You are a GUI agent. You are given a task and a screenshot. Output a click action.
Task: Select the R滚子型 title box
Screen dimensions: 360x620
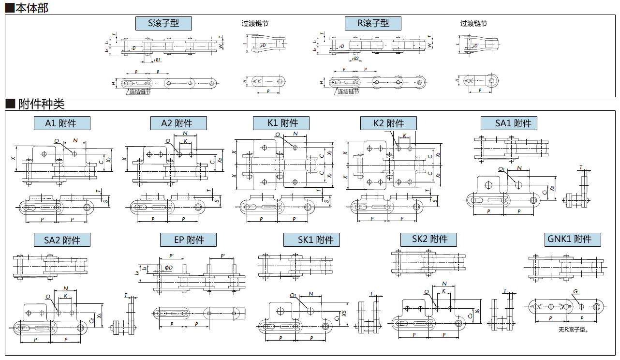coord(373,23)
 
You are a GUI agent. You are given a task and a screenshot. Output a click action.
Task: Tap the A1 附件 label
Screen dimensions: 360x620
coord(61,123)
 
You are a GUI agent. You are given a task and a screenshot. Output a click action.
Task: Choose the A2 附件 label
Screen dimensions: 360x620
coord(177,123)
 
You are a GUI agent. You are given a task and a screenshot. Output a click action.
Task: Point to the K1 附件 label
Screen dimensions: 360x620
coord(281,123)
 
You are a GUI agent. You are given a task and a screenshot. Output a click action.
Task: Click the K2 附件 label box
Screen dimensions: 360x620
coord(388,123)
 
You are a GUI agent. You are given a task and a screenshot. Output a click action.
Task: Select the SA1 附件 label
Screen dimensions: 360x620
coord(508,123)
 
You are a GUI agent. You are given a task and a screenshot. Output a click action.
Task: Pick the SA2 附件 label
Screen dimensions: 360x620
coord(62,240)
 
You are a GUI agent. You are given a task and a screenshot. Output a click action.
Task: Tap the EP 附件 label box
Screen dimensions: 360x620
coord(188,240)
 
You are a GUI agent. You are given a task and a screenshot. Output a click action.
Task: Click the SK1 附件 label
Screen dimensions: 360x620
coord(311,240)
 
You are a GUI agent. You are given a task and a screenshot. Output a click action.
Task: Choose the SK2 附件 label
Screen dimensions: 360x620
coord(428,239)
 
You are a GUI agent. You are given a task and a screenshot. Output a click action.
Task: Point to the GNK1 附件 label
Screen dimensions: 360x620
coord(573,239)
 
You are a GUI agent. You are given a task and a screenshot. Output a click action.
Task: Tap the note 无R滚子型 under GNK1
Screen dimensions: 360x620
coord(573,330)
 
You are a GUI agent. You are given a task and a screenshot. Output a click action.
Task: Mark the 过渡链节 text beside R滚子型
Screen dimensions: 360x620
coord(473,23)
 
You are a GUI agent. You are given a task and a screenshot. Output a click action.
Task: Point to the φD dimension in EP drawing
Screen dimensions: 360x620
coord(168,268)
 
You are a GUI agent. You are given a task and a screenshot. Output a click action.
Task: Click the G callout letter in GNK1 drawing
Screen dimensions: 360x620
coord(576,291)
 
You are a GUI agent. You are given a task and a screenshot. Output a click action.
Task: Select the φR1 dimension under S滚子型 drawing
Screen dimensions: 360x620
coord(157,60)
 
